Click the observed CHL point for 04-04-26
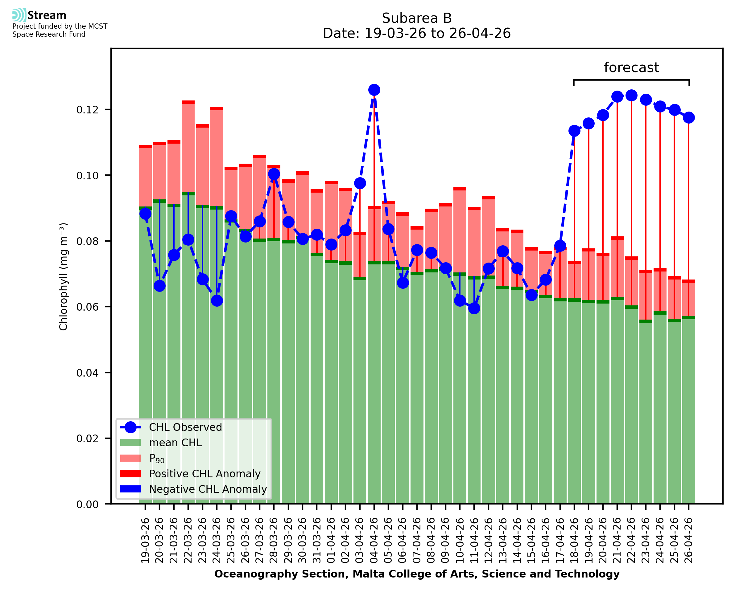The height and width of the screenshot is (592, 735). [374, 90]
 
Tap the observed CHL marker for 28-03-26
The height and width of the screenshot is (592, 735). [274, 174]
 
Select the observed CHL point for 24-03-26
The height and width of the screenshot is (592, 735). [217, 300]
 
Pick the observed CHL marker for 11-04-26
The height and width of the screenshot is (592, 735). [474, 308]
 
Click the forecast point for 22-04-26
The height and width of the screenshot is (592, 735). [631, 96]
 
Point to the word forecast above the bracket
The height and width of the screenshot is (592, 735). [631, 67]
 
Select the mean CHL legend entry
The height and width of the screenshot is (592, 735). [175, 443]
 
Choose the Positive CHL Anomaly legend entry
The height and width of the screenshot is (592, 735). [204, 474]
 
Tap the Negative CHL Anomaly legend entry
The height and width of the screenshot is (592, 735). [208, 489]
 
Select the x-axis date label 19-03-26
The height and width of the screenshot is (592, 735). [145, 541]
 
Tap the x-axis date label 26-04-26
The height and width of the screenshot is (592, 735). [689, 541]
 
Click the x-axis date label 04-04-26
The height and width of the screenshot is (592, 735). [374, 541]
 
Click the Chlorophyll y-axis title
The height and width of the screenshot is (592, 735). [64, 276]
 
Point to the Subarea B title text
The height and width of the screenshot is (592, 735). [417, 18]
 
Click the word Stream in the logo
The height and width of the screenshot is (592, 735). [47, 15]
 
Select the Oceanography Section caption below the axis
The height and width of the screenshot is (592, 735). [417, 574]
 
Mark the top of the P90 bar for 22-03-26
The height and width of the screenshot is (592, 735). [188, 102]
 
